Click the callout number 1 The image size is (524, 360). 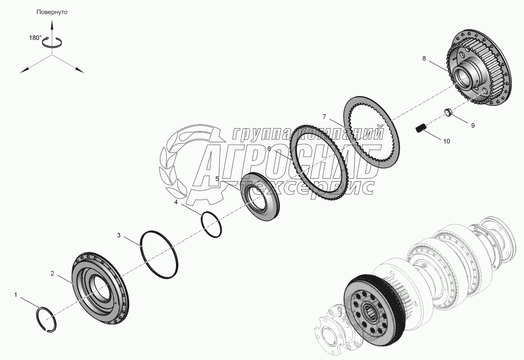coord(16,295)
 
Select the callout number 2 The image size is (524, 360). coord(52,273)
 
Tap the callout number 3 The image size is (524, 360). coord(118,235)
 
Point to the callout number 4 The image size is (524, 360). coord(175,202)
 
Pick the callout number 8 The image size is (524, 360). coord(424,58)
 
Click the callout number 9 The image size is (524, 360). coord(473,126)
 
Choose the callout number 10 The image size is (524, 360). coord(447,141)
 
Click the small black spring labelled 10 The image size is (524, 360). coord(421,128)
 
